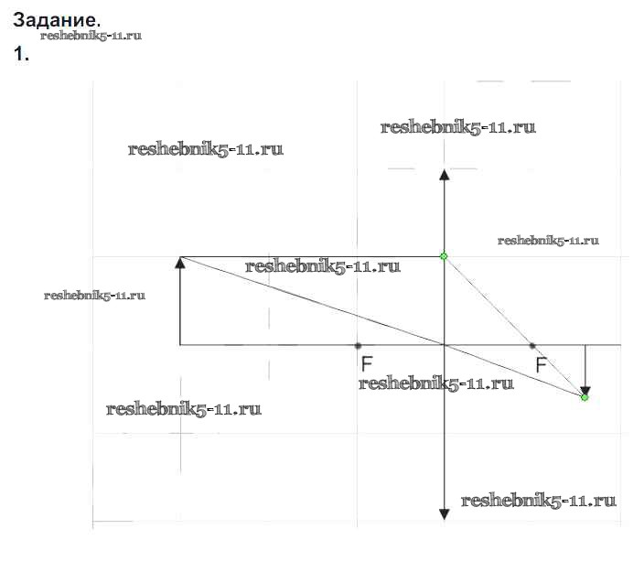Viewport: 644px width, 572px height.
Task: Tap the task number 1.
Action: coord(21,54)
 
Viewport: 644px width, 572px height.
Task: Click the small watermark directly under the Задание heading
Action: coord(91,36)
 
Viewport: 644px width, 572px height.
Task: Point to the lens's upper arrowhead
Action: coord(444,175)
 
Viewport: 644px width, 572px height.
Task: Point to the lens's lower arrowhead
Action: coord(444,513)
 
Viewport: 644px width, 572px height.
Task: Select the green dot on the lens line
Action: coord(444,256)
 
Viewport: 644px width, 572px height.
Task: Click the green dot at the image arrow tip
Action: coord(585,397)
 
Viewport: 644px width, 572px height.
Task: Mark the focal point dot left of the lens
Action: coord(357,345)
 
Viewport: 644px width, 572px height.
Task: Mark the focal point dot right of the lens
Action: coord(532,345)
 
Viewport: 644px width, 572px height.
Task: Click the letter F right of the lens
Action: coord(541,365)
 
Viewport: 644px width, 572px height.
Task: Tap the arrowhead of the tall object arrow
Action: coord(180,263)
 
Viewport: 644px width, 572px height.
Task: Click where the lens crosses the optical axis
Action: coord(444,345)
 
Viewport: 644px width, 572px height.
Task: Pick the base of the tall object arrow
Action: coord(180,344)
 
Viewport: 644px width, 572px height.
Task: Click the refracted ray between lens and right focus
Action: coord(488,300)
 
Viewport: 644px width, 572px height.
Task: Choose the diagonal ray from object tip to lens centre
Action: coord(311,301)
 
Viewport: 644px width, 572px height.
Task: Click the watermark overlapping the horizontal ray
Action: coord(323,267)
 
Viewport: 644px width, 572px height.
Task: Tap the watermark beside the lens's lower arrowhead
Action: coord(538,501)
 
